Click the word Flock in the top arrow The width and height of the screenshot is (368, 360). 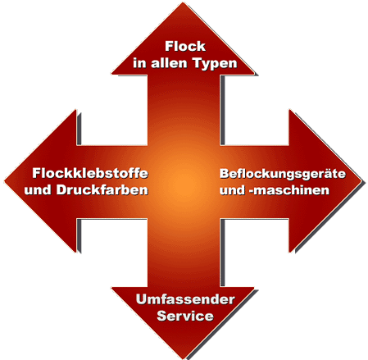185,46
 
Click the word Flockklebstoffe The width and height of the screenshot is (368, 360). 90,173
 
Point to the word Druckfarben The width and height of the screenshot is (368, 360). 102,190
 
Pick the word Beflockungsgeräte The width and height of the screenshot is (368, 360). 283,174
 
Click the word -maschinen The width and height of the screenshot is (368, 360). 289,190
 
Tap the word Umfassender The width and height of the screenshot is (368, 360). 185,299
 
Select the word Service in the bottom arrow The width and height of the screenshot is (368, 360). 185,316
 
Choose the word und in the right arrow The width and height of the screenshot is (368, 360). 233,190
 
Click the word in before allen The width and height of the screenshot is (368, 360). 140,63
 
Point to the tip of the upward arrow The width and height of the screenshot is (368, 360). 183,2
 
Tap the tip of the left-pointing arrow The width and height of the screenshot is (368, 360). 4,181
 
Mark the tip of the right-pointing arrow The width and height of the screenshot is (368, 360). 362,181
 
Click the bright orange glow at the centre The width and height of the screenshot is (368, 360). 183,181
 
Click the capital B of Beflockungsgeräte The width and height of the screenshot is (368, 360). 224,173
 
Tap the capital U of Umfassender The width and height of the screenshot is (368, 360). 142,299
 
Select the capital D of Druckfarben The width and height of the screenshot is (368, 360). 61,190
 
